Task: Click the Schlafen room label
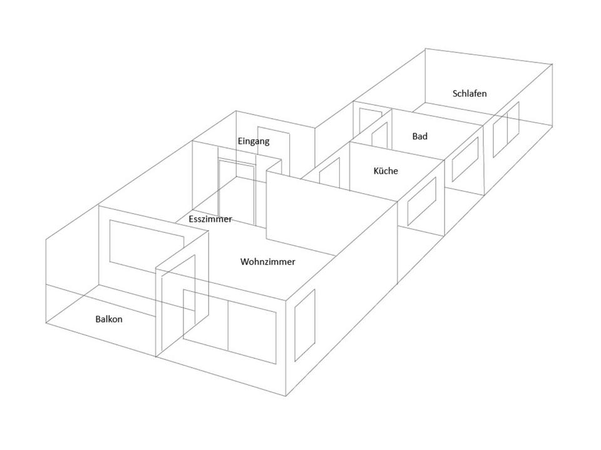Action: [470, 94]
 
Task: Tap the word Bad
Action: [420, 136]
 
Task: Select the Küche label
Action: [386, 171]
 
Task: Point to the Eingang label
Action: [254, 141]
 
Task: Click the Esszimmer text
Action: [210, 219]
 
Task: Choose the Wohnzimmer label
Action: [268, 262]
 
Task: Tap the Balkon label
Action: [109, 319]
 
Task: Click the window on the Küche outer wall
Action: [422, 201]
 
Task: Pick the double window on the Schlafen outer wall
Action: [506, 129]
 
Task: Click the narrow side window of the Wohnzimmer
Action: [305, 324]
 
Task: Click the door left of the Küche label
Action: [330, 172]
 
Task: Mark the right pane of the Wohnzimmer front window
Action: [252, 332]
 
